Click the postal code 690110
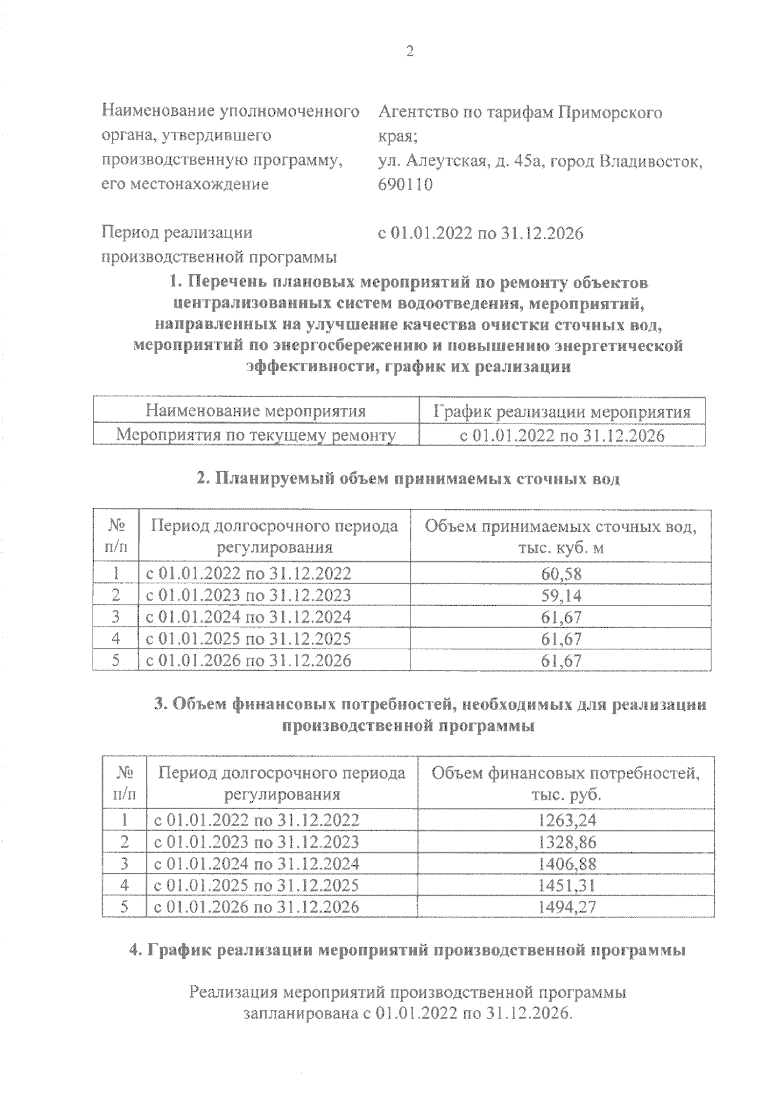405,184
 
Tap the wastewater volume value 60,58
561,574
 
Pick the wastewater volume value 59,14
561,595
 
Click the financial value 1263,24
567,821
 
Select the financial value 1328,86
567,842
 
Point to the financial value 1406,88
567,864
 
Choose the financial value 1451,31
567,885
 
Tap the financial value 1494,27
567,907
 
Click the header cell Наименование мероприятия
256,411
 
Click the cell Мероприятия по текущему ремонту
256,435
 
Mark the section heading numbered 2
408,479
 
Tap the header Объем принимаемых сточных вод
561,527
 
